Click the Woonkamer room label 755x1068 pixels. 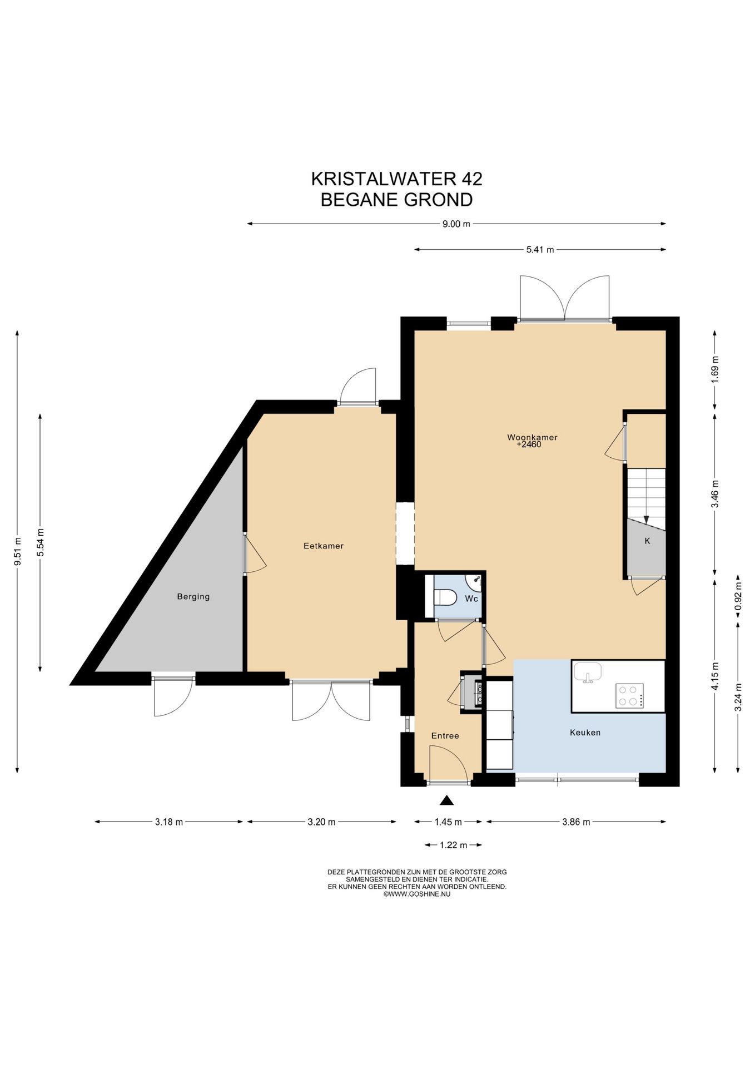(532, 437)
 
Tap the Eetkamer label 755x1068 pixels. (324, 546)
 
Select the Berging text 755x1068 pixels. (193, 597)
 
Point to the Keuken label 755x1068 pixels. (585, 733)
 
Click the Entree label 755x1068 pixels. (445, 736)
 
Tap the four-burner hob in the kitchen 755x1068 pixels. (629, 696)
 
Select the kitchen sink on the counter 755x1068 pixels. (588, 672)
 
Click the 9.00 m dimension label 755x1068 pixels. (456, 224)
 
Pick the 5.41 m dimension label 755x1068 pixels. (540, 250)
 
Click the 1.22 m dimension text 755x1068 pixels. (453, 845)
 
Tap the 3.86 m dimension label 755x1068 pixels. (576, 822)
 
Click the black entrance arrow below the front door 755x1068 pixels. (447, 800)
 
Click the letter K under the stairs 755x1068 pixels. (647, 541)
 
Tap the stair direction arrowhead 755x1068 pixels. (646, 520)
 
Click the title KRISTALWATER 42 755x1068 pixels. (396, 179)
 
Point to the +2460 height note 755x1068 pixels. (529, 444)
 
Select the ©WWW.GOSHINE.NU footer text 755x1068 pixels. (417, 894)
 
